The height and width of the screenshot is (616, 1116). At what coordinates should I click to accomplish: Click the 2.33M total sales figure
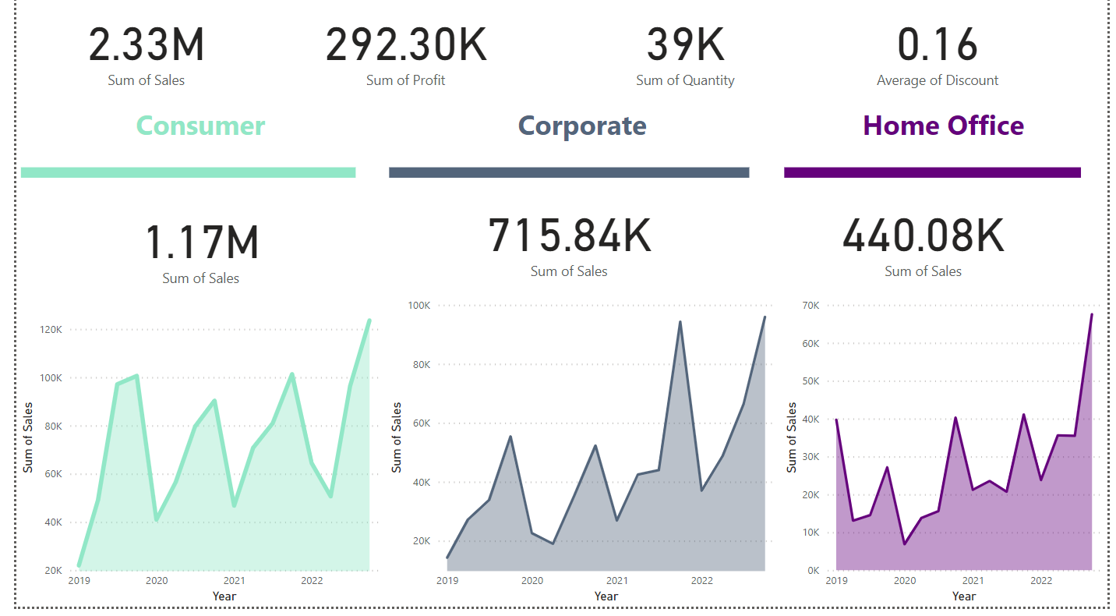[x=147, y=44]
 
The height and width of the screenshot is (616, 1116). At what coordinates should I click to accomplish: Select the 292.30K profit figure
[x=406, y=44]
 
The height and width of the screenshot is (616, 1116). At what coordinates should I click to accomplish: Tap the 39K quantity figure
[x=685, y=44]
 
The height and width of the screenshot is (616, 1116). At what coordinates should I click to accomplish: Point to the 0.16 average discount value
[x=938, y=44]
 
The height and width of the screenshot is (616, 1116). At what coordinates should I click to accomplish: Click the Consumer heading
[x=201, y=126]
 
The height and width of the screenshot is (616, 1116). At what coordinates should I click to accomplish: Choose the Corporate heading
[x=582, y=126]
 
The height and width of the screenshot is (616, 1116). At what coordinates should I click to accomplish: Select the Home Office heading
[x=943, y=126]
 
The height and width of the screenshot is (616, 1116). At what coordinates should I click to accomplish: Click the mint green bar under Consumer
[x=188, y=172]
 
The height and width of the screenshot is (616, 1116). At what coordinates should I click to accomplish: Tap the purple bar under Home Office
[x=932, y=172]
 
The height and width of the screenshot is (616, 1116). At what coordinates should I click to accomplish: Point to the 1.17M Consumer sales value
[x=202, y=243]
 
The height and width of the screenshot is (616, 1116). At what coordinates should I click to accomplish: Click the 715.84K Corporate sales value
[x=570, y=235]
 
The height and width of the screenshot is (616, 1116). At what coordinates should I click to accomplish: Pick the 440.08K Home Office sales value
[x=924, y=235]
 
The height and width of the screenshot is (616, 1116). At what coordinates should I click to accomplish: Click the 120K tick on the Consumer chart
[x=51, y=330]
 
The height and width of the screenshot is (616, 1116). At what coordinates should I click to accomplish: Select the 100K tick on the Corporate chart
[x=419, y=306]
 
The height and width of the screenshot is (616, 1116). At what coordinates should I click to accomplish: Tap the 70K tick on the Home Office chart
[x=811, y=306]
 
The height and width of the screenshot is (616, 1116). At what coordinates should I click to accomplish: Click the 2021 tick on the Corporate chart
[x=616, y=580]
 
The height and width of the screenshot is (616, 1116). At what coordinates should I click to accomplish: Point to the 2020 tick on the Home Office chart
[x=904, y=580]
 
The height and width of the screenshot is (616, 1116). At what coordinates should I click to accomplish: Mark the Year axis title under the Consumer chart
[x=224, y=597]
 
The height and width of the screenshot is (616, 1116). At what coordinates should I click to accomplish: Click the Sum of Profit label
[x=406, y=80]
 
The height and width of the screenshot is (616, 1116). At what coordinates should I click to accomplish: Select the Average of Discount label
[x=938, y=80]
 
